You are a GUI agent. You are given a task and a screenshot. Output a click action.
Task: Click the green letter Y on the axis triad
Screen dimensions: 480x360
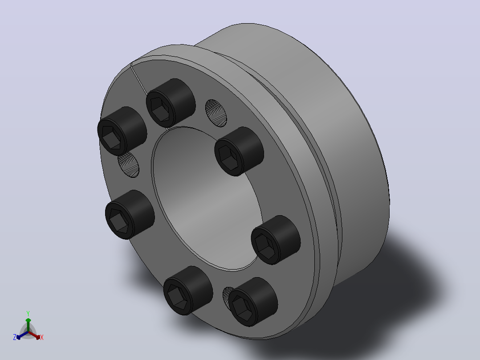28,313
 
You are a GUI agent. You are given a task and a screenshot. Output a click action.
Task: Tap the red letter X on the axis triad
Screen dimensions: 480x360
42,337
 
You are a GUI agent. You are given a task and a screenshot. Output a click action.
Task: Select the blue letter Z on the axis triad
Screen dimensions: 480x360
15,337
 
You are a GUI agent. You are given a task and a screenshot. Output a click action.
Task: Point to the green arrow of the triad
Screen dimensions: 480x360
28,325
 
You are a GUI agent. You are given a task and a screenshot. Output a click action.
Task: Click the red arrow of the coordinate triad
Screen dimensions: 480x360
34,335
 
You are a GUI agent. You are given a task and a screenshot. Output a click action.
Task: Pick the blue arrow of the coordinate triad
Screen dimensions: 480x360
22,335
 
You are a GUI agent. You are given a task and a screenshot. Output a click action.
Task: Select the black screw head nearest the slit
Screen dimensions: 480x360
171,102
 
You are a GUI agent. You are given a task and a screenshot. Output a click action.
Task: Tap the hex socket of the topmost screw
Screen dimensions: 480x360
160,109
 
